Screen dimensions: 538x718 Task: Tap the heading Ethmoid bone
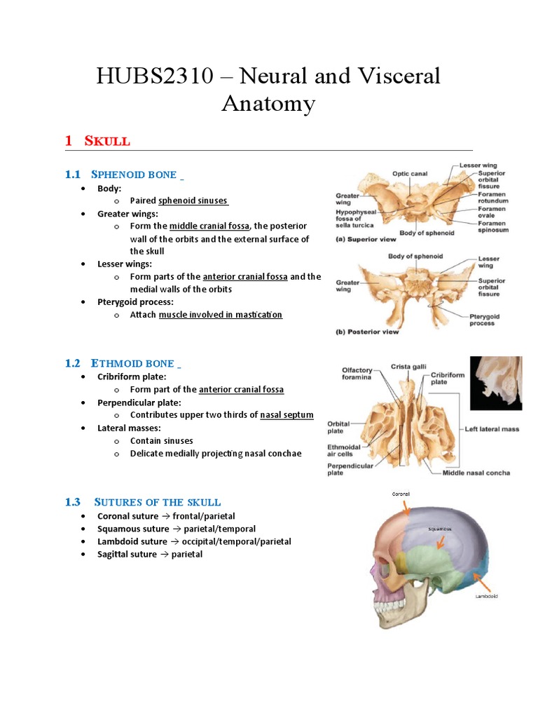pyautogui.click(x=132, y=363)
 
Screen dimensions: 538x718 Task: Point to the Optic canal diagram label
pyautogui.click(x=410, y=174)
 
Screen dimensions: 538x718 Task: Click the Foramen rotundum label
pyautogui.click(x=493, y=198)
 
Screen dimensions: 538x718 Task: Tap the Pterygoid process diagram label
pyautogui.click(x=484, y=320)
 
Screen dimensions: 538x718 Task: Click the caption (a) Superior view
pyautogui.click(x=366, y=240)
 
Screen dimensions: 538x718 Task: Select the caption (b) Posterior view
pyautogui.click(x=367, y=332)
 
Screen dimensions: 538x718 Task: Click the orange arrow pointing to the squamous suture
pyautogui.click(x=441, y=540)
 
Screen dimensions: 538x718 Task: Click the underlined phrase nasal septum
pyautogui.click(x=287, y=415)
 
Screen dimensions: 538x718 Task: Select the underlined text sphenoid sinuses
pyautogui.click(x=193, y=201)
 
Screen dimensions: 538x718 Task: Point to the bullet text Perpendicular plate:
pyautogui.click(x=139, y=402)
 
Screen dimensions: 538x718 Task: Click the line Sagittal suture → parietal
pyautogui.click(x=150, y=554)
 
